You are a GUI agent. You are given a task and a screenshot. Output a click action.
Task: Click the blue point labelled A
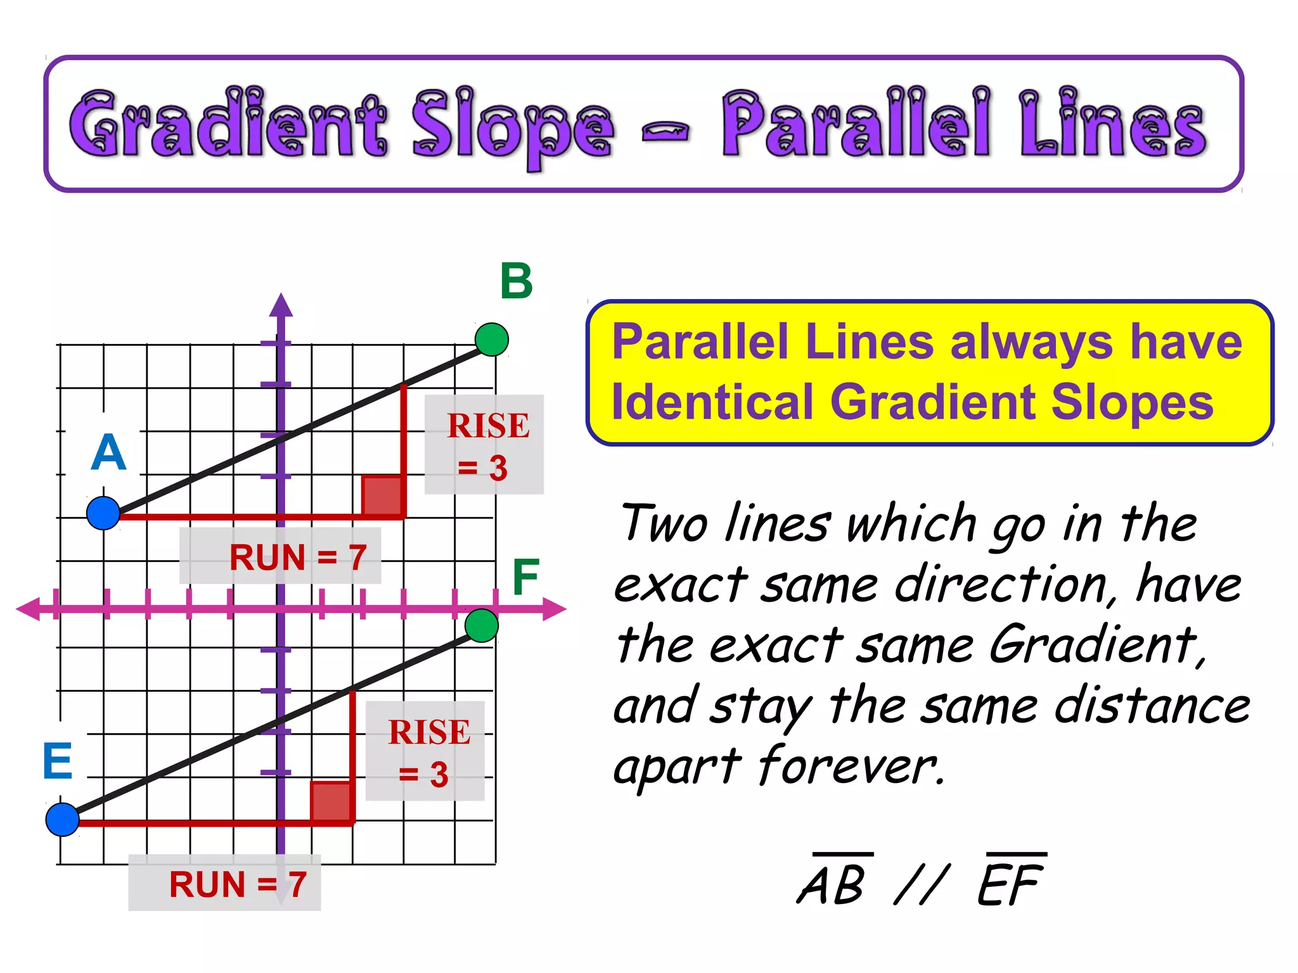coord(103,513)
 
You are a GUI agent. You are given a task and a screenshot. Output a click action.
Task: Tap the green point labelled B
coord(492,340)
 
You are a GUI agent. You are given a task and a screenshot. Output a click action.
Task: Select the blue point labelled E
coord(62,820)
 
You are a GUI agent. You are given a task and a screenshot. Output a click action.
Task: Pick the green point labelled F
coord(482,626)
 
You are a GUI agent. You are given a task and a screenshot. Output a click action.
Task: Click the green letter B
coord(516,281)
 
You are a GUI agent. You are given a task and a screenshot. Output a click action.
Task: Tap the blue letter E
coord(58,761)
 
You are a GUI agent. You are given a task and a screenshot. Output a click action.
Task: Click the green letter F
coord(525,577)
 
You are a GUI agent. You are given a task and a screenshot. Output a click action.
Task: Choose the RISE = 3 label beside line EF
coord(425,752)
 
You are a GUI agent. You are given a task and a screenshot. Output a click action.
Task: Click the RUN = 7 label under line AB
coord(281,557)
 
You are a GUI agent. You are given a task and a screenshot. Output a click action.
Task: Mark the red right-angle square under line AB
coord(382,495)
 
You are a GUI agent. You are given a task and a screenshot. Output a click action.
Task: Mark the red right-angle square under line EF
coord(331,802)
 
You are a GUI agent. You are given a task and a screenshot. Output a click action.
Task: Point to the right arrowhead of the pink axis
coord(555,609)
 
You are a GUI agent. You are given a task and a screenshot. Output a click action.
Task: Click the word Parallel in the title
coord(855,125)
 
